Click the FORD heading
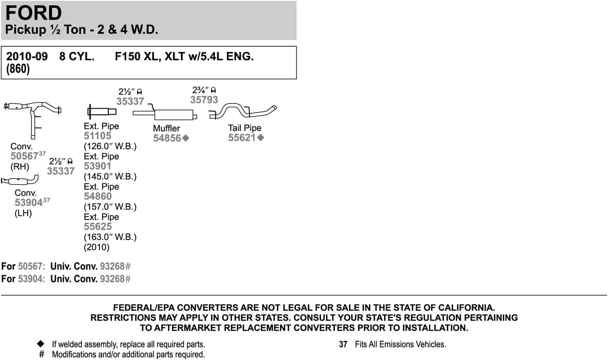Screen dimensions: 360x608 [x=34, y=13]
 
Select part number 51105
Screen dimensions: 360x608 [x=97, y=136]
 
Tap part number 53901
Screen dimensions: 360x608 [x=97, y=166]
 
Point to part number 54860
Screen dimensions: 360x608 [x=97, y=196]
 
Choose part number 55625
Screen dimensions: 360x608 [x=97, y=227]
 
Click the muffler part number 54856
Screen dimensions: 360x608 [x=168, y=138]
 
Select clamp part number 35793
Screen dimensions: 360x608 [x=204, y=100]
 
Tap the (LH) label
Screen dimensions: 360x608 [x=23, y=213]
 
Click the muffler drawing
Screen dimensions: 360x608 [x=173, y=115]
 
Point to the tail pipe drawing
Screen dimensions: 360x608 [x=243, y=111]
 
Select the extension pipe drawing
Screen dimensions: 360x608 [x=102, y=112]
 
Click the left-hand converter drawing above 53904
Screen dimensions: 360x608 [x=19, y=180]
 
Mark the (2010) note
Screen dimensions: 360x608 [x=97, y=247]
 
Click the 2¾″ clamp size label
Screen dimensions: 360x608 [x=204, y=90]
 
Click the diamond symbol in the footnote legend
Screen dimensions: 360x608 [x=41, y=344]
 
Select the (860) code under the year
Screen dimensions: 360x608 [x=18, y=70]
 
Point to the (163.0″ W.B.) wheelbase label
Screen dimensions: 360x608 [x=110, y=237]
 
